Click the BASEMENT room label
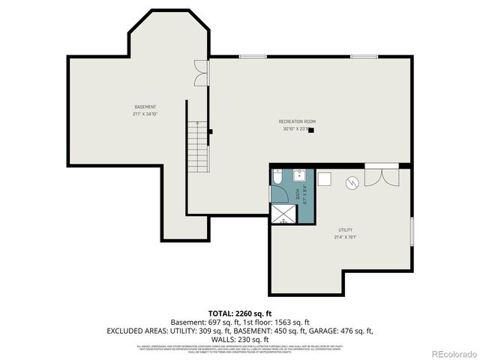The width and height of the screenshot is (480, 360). pyautogui.click(x=145, y=107)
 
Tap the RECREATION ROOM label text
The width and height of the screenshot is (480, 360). pyautogui.click(x=297, y=121)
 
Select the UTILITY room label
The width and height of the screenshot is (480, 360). pyautogui.click(x=344, y=229)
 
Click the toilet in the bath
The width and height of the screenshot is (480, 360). pyautogui.click(x=277, y=178)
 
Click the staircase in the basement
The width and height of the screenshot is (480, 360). pyautogui.click(x=197, y=145)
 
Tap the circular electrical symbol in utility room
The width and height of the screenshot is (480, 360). pyautogui.click(x=351, y=182)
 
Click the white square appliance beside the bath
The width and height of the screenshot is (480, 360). pyautogui.click(x=325, y=178)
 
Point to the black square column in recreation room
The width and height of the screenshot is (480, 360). pyautogui.click(x=311, y=129)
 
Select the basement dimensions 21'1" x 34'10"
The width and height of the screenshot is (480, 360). pyautogui.click(x=145, y=115)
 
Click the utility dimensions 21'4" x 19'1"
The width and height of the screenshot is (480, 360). pyautogui.click(x=344, y=237)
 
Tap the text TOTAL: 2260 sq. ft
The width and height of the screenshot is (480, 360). pyautogui.click(x=239, y=313)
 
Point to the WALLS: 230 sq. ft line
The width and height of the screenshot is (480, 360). pyautogui.click(x=239, y=338)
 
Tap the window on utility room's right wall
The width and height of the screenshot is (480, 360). pyautogui.click(x=411, y=230)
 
